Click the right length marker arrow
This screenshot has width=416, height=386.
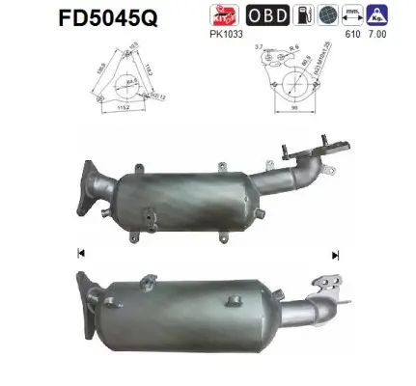tap(335, 255)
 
